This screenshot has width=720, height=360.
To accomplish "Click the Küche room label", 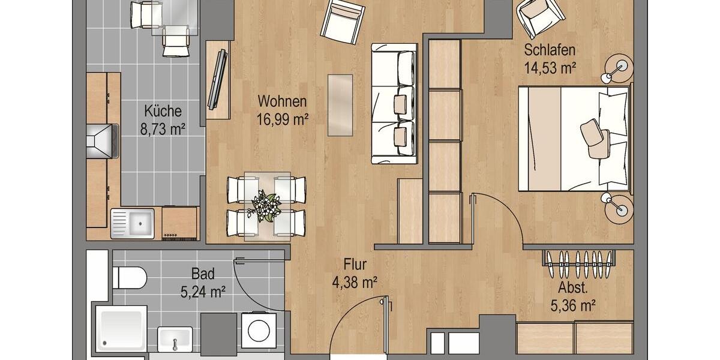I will tap(163, 111).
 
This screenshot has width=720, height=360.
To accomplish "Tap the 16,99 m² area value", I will tap(283, 120).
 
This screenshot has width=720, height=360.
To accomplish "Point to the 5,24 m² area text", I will tap(203, 292).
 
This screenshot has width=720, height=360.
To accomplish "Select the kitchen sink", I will tap(133, 223).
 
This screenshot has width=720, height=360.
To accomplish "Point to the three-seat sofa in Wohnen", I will tap(394, 103).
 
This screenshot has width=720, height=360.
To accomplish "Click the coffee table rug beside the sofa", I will tap(340, 105).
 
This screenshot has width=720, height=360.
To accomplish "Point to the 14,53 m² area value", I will tap(550, 68).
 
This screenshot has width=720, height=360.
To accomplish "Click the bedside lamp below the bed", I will tap(618, 205).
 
